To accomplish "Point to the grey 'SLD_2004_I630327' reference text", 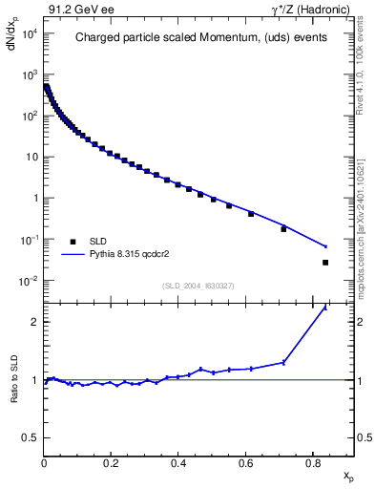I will tap(199, 286).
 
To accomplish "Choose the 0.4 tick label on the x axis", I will tap(178, 465).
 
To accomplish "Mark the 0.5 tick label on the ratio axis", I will tap(31, 437).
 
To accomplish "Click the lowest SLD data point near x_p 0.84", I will tap(325, 263).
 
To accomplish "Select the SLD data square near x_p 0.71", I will tap(283, 229).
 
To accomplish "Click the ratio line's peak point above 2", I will tap(325, 308).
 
